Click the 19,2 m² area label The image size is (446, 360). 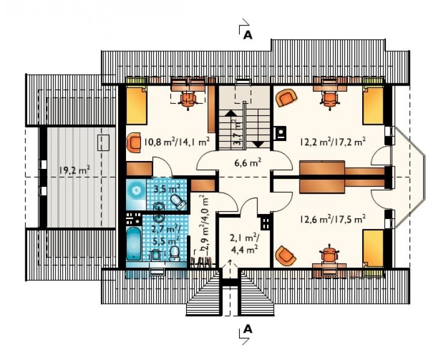(75, 170)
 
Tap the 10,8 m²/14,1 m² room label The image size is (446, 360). (177, 141)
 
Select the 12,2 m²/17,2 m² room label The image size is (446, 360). (333, 142)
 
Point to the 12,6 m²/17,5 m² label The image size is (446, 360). (333, 219)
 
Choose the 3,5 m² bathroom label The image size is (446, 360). (166, 189)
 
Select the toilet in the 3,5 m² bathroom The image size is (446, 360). (179, 201)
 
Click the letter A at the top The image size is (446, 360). (248, 35)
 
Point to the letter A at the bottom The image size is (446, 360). (248, 329)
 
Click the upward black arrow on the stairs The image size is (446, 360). (230, 113)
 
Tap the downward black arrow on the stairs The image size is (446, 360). (259, 144)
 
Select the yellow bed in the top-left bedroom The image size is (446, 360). (137, 106)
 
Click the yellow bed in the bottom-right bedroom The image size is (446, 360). (373, 248)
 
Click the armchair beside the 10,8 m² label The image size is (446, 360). (134, 142)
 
